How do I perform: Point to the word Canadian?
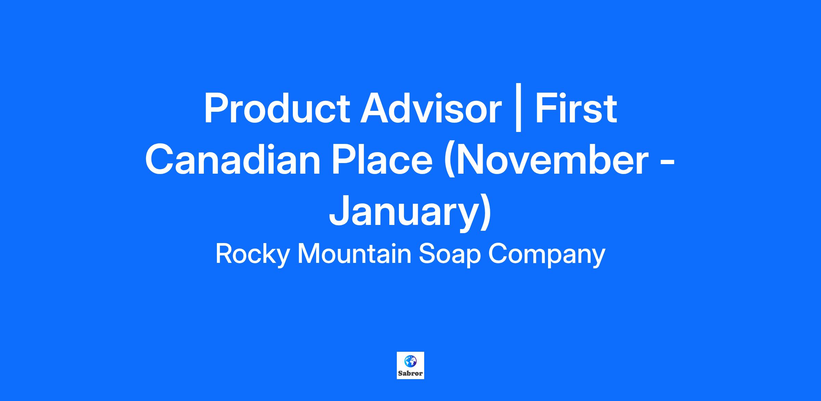click(233, 160)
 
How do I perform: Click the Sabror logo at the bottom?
click(410, 365)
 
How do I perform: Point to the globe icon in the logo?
click(410, 361)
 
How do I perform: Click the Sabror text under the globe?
click(410, 373)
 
